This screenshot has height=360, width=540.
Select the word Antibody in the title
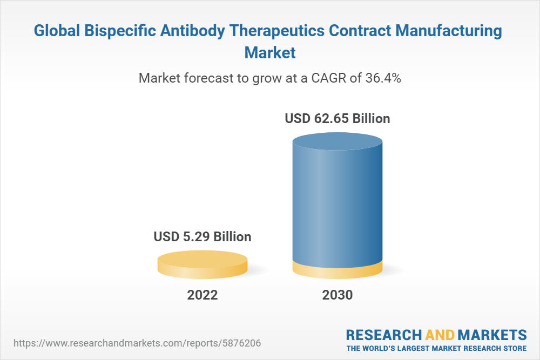(199, 31)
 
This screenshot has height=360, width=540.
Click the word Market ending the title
(270, 52)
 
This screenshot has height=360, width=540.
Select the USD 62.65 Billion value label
(337, 118)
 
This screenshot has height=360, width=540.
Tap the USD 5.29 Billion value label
(202, 236)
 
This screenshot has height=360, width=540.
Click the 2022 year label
(202, 295)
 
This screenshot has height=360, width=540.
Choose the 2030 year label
(337, 295)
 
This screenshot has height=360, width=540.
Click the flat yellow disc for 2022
(202, 264)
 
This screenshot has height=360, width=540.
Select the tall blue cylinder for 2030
(337, 205)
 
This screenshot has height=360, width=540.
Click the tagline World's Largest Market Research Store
(436, 348)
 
